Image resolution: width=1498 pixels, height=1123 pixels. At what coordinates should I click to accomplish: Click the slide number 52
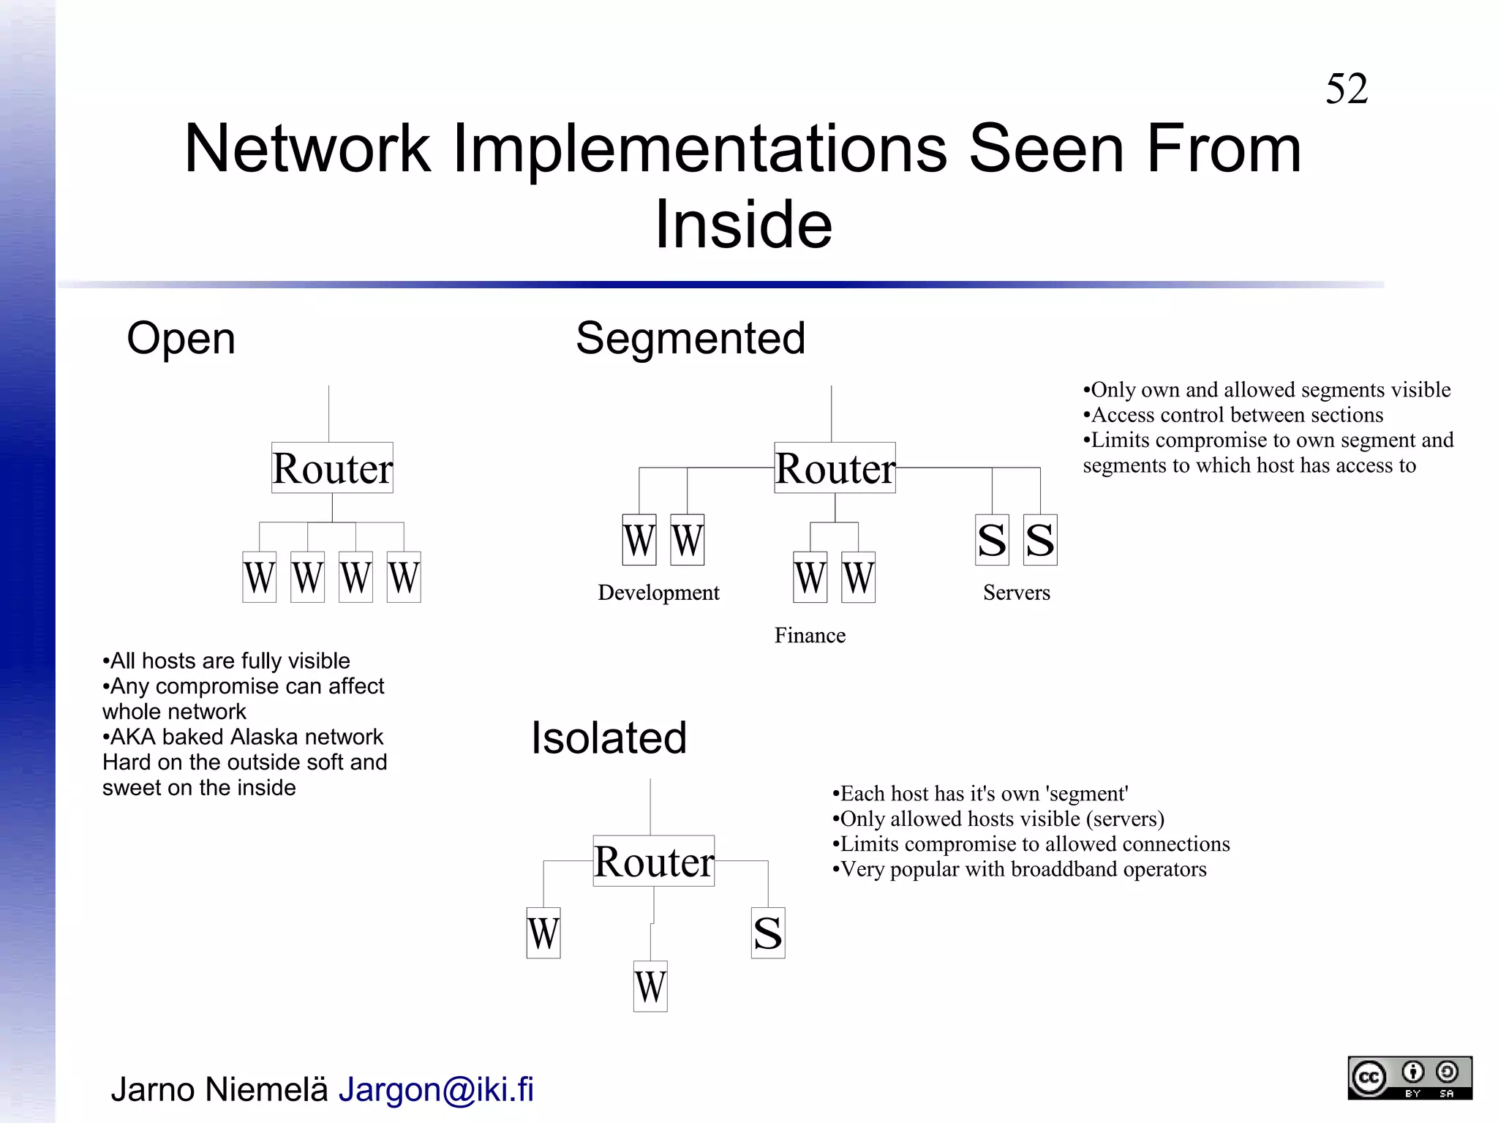coord(1346,89)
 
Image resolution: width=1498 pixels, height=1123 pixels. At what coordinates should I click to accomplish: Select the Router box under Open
coord(332,467)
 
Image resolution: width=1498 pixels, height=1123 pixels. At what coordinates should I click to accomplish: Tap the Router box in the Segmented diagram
coord(835,467)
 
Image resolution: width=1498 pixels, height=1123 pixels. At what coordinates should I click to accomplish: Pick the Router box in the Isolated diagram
coord(653,861)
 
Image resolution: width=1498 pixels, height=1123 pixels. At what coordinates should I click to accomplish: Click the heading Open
coord(181,338)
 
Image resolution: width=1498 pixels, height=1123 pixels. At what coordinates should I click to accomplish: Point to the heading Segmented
coord(690,338)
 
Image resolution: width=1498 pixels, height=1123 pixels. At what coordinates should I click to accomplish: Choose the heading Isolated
coord(609,737)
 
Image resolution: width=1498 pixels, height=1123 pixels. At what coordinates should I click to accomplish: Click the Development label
coord(658,593)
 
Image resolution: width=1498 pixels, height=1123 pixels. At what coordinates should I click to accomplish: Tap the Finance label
coord(810,635)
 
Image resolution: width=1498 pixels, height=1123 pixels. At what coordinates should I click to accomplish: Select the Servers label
coord(1016,593)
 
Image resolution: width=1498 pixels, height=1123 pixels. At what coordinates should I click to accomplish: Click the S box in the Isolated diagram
coord(767,933)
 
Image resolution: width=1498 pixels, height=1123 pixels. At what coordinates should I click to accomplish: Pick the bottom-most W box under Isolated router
coord(650,986)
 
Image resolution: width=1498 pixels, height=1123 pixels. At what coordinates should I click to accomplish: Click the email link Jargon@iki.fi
coord(436,1089)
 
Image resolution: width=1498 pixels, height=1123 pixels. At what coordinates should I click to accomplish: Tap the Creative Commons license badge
coord(1409,1078)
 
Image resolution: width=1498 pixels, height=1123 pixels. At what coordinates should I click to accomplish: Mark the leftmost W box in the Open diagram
coord(259,577)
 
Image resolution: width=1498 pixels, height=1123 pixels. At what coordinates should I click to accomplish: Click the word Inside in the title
coord(743,224)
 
